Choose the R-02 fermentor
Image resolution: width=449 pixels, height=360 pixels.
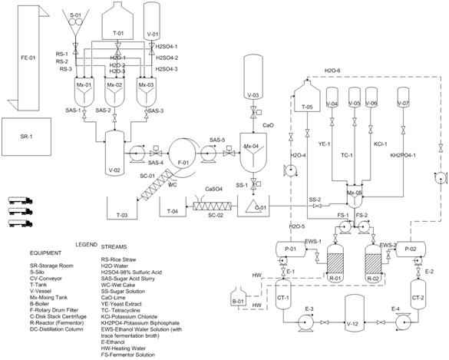pyautogui.click(x=373, y=260)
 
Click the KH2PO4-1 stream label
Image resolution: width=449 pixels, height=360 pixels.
pyautogui.click(x=403, y=154)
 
